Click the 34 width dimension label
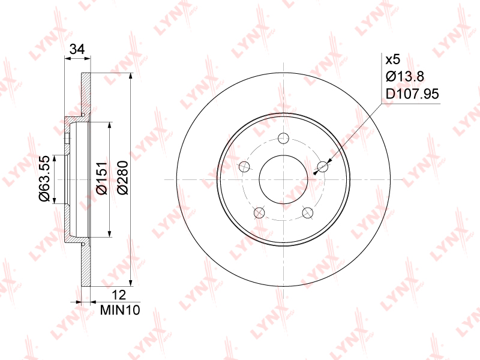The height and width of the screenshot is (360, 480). [x=77, y=49]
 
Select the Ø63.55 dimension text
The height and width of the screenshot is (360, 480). [x=44, y=178]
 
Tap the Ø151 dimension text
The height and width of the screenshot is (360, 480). [x=101, y=178]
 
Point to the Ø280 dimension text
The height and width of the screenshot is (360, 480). [x=123, y=178]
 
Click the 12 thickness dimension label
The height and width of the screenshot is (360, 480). [x=119, y=295]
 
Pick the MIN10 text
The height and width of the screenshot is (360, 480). [x=120, y=310]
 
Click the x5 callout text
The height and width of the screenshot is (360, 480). [x=393, y=59]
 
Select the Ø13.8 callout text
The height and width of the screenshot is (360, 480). [x=404, y=76]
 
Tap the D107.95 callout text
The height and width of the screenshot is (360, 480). [x=412, y=94]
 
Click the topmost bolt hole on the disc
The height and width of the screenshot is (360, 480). [x=283, y=138]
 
